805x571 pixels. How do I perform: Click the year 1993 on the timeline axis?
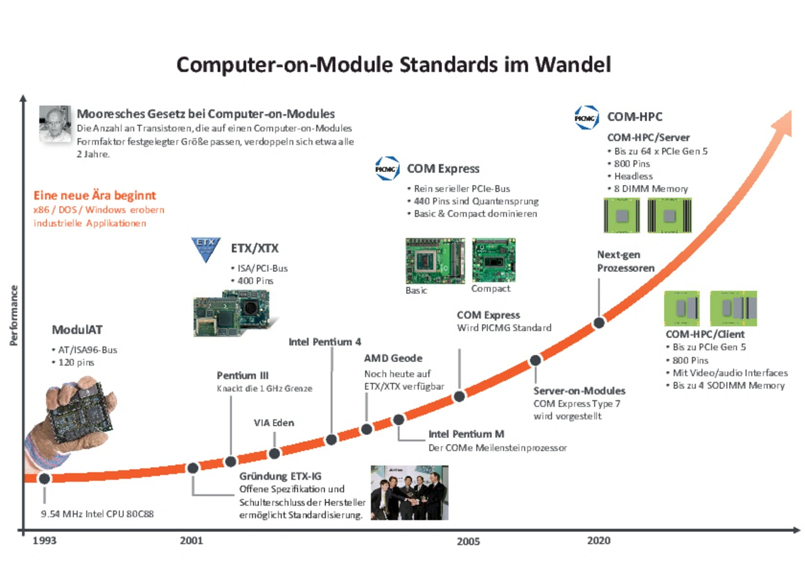coord(45,540)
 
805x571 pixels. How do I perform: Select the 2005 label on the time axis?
coord(469,541)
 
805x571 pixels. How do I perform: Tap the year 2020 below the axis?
coord(599,540)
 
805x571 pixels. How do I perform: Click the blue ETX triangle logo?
coord(206,249)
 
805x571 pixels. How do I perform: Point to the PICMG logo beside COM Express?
coord(387,168)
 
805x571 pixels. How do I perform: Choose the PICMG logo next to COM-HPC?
coord(587,117)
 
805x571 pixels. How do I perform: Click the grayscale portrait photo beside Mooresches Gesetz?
coord(55,124)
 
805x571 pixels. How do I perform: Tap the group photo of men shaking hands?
coord(409,492)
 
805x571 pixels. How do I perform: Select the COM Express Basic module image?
coord(435,261)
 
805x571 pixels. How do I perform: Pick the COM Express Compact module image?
coord(494,260)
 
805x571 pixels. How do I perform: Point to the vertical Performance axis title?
coord(14,315)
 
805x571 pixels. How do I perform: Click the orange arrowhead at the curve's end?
coord(783,123)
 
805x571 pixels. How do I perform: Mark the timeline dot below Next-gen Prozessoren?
coord(599,323)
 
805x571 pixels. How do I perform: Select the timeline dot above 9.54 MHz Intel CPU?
coord(45,478)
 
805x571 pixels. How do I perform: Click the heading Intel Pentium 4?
coord(325,342)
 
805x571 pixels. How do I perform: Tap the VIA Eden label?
coord(274,423)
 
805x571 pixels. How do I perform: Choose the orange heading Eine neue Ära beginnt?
coord(95,195)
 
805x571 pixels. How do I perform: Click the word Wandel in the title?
coord(573,65)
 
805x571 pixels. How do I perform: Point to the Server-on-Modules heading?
coord(579,391)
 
